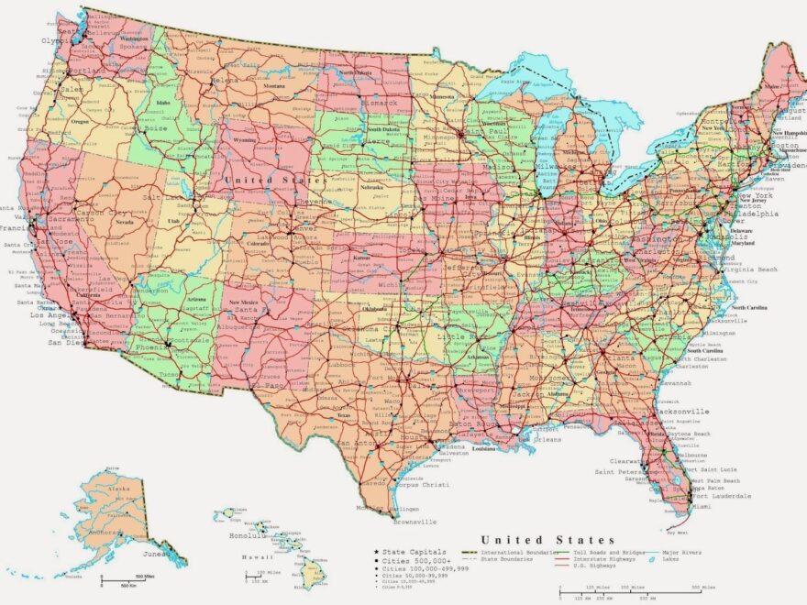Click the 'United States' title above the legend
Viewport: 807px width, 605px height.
point(547,540)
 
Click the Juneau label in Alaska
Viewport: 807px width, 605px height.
point(155,554)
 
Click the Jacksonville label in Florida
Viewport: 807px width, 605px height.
point(684,412)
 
